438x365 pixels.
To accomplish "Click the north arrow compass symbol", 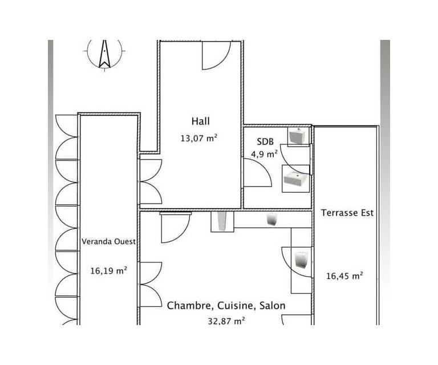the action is [x=104, y=54].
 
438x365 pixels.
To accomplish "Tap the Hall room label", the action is [x=201, y=121].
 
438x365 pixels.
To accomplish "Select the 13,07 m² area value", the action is [x=199, y=138].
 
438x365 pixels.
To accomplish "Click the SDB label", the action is [x=265, y=141].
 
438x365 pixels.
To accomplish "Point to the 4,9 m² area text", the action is [x=264, y=154].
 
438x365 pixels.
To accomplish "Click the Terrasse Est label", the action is [x=347, y=213].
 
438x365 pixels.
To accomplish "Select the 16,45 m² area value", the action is [x=344, y=276].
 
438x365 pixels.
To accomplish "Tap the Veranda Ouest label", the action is [x=108, y=242].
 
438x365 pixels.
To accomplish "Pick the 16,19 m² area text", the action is [x=109, y=270].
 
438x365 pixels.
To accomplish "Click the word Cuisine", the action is [x=236, y=306].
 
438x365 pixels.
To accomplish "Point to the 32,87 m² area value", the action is [x=226, y=321].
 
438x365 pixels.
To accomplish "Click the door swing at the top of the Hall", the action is [x=216, y=55].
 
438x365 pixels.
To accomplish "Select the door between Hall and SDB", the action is [x=257, y=173].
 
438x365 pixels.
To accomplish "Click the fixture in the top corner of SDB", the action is [x=298, y=136].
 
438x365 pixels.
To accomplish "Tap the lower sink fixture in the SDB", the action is [x=296, y=179].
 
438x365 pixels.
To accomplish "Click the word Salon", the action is [x=273, y=306].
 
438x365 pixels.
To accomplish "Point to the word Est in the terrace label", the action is [x=367, y=213].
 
